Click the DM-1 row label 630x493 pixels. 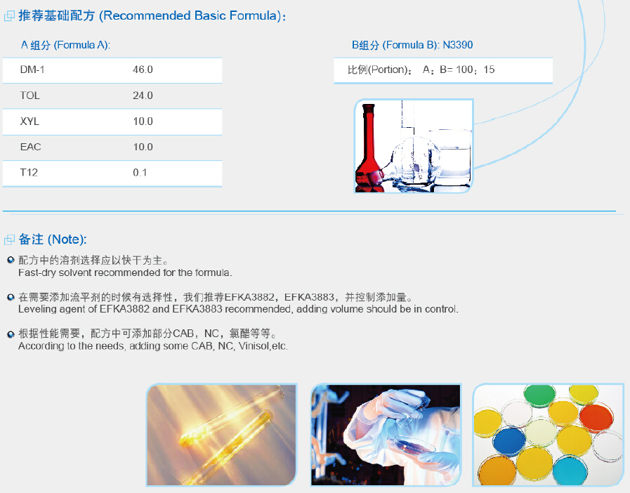pyautogui.click(x=32, y=70)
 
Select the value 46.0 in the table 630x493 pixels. pyautogui.click(x=143, y=70)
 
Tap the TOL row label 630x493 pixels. pyautogui.click(x=29, y=96)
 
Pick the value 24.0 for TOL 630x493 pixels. pyautogui.click(x=143, y=96)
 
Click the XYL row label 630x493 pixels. pyautogui.click(x=29, y=121)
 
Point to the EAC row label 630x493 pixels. pyautogui.click(x=30, y=147)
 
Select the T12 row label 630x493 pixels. pyautogui.click(x=29, y=173)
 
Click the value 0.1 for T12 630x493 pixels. pyautogui.click(x=140, y=173)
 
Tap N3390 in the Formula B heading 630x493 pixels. pyautogui.click(x=458, y=45)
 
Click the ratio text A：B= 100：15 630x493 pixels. pyautogui.click(x=459, y=70)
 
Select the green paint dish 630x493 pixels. pyautogui.click(x=539, y=395)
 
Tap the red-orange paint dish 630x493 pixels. pyautogui.click(x=596, y=418)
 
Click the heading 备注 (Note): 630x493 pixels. pyautogui.click(x=53, y=239)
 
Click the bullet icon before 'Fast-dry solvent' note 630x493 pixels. pyautogui.click(x=11, y=260)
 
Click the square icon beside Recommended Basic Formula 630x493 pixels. pyautogui.click(x=9, y=16)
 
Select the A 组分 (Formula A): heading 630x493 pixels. pyautogui.click(x=65, y=45)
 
